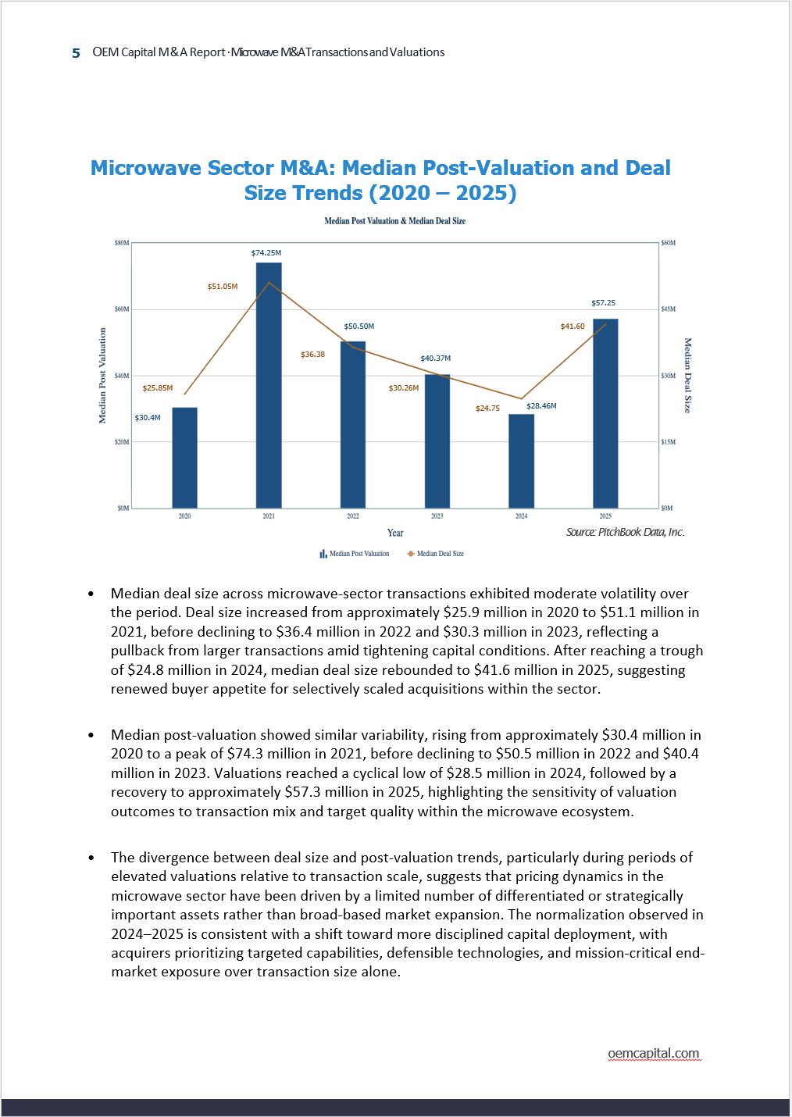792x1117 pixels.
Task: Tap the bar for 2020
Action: tap(184, 458)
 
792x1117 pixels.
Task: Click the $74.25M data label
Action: tap(266, 253)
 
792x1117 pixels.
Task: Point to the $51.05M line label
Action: tap(223, 287)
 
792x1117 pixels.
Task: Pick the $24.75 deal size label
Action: tap(487, 409)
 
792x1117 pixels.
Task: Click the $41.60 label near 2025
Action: tap(573, 327)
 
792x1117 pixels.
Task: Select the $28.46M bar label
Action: tap(541, 406)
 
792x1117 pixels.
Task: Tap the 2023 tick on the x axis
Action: tap(437, 516)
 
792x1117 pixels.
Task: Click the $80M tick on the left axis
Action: tap(122, 243)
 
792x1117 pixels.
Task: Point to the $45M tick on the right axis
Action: tap(668, 309)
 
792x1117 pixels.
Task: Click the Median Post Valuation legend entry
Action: tap(355, 554)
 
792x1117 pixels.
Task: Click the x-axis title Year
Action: tap(395, 533)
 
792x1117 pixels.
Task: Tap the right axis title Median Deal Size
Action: tap(688, 376)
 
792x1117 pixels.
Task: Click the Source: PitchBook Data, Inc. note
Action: tap(625, 532)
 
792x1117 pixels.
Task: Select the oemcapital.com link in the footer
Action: tap(654, 1053)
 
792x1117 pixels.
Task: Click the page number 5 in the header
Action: tap(76, 53)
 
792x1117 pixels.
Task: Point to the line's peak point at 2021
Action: tap(269, 283)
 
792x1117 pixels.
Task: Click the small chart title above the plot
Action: tap(395, 221)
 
